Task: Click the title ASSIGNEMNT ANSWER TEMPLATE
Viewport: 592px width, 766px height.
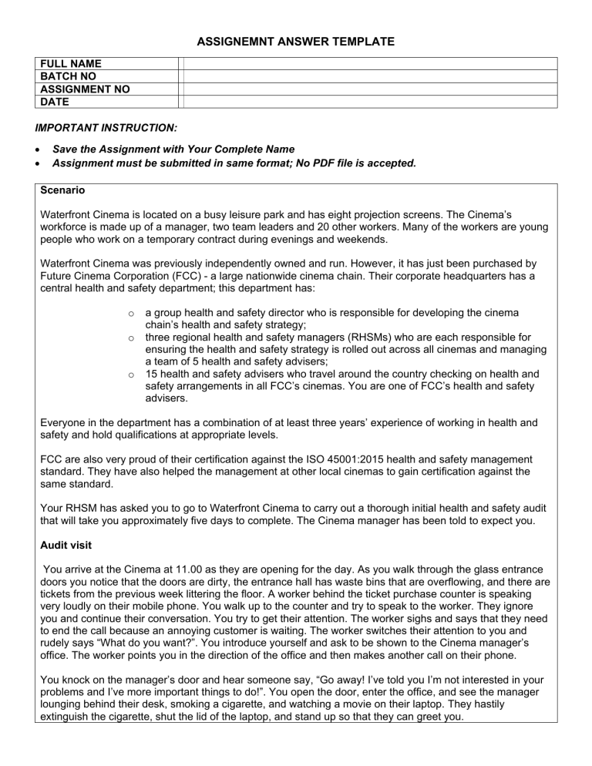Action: click(295, 40)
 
